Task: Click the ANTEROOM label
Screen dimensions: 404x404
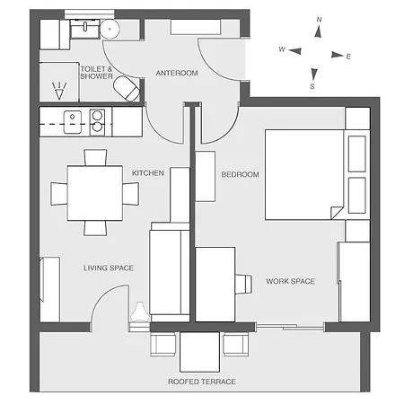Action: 177,73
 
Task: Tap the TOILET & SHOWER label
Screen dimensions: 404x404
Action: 96,73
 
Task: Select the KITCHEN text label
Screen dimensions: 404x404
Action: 148,173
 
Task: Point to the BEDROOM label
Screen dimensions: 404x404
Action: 240,174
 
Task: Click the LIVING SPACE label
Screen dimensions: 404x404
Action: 109,268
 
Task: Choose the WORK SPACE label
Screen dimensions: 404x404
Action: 291,281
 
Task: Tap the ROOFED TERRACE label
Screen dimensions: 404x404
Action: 202,382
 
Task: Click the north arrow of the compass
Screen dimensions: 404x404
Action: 319,31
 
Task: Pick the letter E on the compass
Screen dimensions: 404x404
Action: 348,57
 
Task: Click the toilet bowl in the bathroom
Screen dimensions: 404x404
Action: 127,89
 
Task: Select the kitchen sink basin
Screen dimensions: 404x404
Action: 73,122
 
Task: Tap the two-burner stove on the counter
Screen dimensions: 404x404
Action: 97,122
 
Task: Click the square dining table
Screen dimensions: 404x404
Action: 95,193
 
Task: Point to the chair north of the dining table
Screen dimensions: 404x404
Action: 95,157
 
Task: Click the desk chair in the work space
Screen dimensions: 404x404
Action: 243,284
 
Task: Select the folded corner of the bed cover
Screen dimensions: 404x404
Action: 337,212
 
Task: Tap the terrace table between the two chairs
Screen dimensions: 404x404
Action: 199,352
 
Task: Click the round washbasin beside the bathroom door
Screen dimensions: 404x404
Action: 110,30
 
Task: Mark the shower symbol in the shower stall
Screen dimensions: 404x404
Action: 59,91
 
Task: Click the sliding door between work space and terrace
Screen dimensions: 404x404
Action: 290,327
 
